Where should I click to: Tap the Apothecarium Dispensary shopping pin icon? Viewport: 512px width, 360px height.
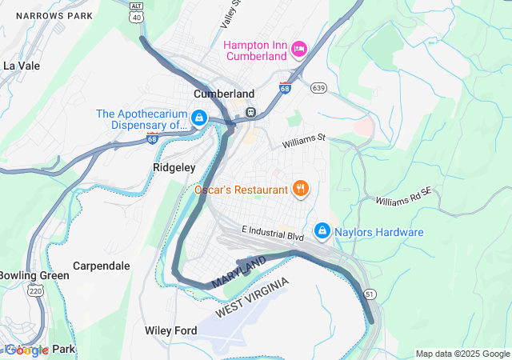click(x=198, y=119)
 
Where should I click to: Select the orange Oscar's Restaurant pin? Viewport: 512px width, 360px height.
click(x=301, y=189)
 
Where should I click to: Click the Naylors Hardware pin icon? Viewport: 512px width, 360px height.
click(x=322, y=231)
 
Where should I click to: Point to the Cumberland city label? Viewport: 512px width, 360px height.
click(x=224, y=94)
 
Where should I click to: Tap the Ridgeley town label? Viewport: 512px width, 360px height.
click(x=174, y=168)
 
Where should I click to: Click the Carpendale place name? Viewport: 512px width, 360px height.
click(x=101, y=266)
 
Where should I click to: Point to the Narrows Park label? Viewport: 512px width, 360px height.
click(x=49, y=16)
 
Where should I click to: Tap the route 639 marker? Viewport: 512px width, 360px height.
click(x=318, y=87)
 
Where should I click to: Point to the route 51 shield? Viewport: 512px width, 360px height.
click(x=369, y=294)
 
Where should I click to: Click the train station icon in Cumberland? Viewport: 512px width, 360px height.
click(x=250, y=112)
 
